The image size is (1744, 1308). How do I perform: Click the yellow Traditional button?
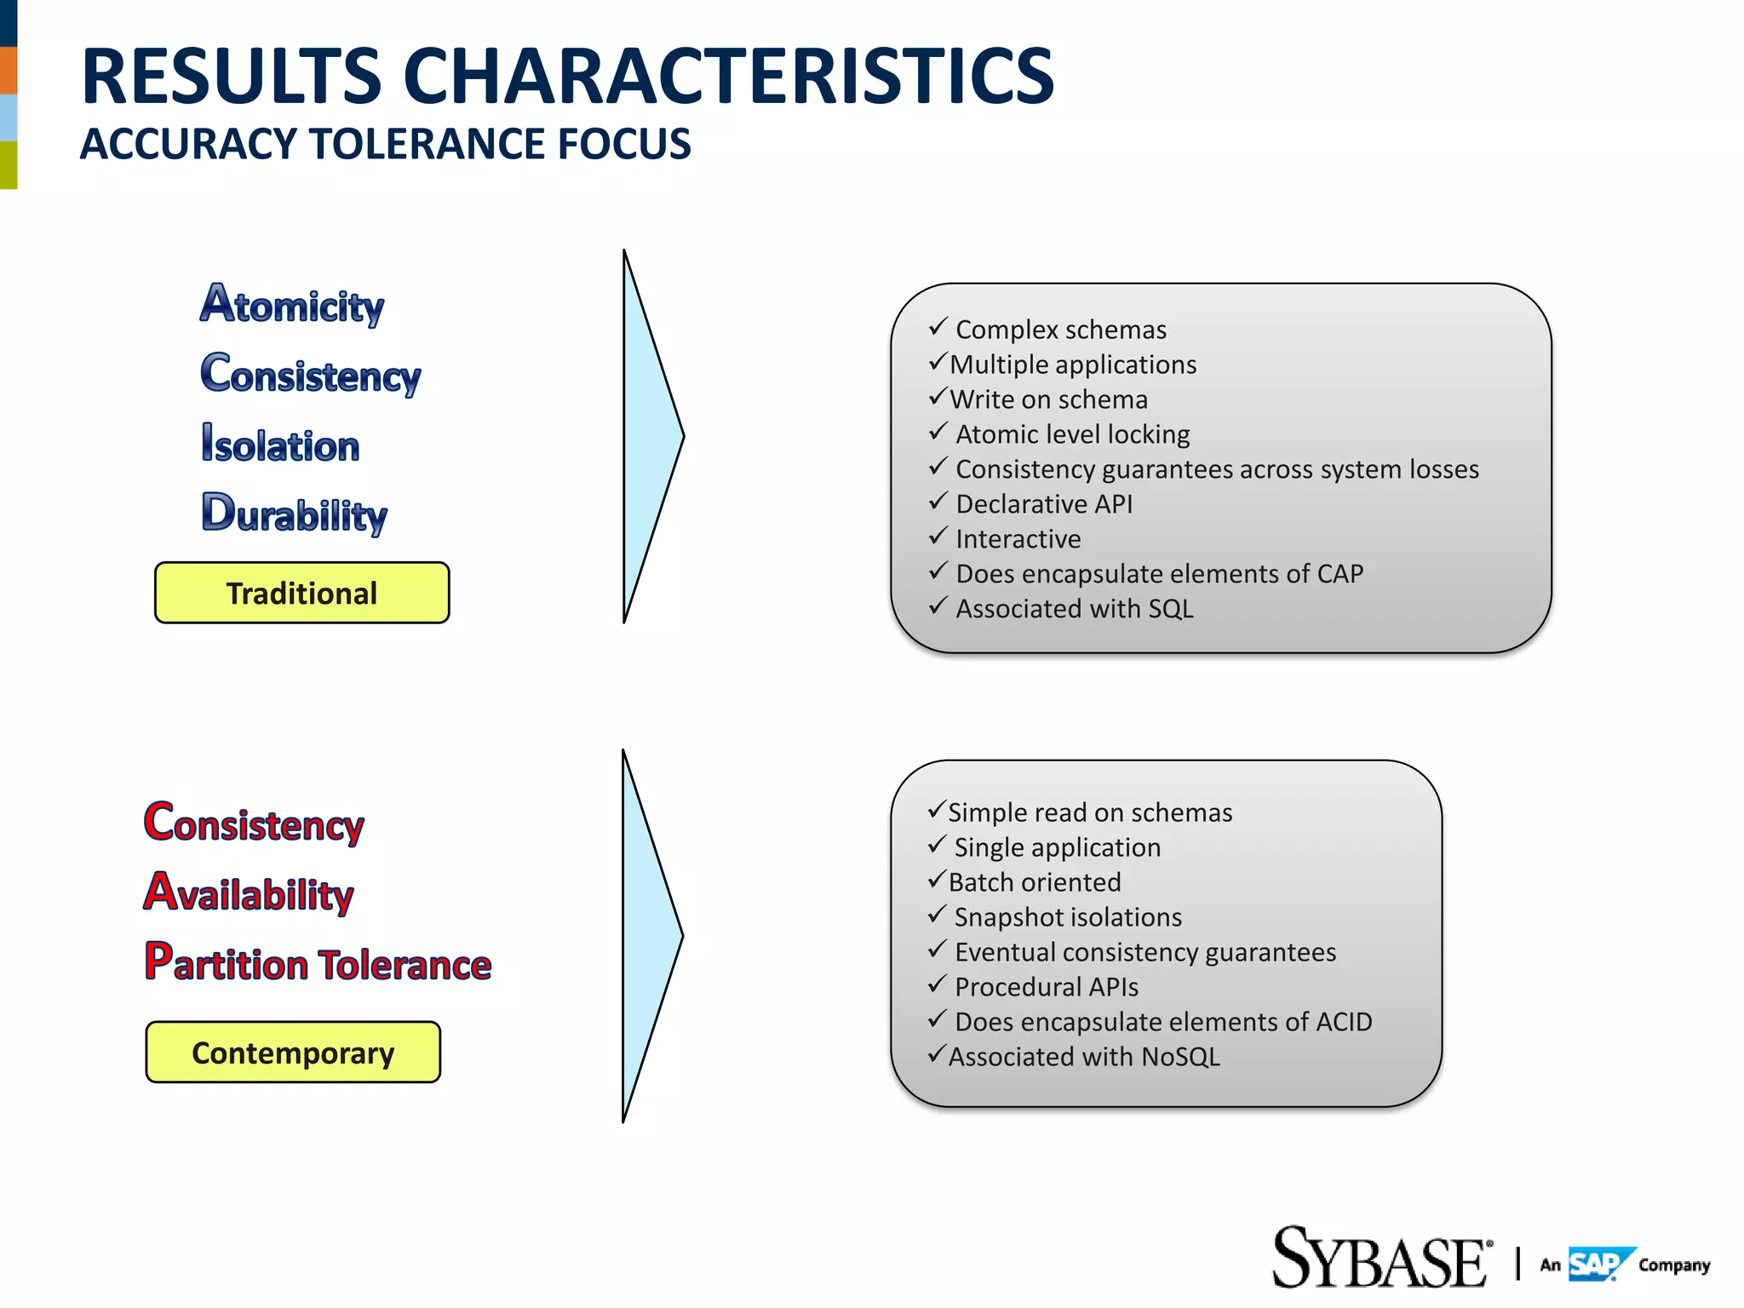(301, 593)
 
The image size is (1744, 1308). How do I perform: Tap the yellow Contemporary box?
(293, 1053)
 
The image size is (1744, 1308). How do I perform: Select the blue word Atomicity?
(292, 305)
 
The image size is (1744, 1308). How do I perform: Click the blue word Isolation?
(280, 444)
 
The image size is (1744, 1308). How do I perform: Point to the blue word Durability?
(295, 513)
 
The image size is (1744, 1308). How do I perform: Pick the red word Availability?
(249, 893)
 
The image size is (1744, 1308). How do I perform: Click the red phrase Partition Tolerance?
(318, 963)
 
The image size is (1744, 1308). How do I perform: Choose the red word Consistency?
(254, 823)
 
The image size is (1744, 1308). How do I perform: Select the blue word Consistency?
(311, 375)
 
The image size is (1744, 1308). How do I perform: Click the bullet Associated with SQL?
(1074, 609)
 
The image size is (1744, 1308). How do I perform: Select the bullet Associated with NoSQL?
(1083, 1057)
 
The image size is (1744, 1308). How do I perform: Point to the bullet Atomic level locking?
(1072, 434)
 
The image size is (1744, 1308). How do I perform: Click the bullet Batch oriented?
(1034, 882)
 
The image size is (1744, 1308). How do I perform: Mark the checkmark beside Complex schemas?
(938, 327)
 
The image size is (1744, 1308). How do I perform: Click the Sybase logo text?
(1380, 1259)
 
